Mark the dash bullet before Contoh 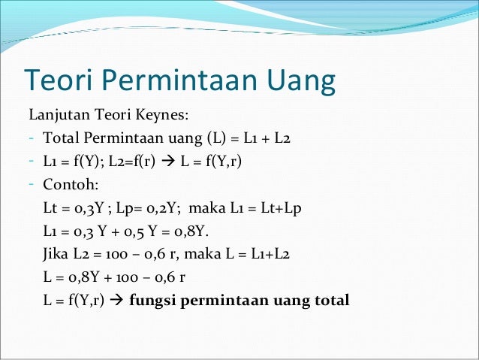tap(32, 184)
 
